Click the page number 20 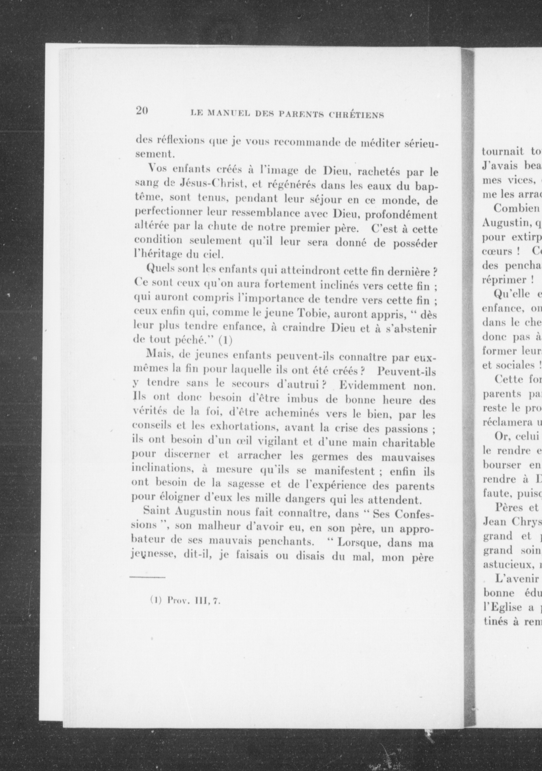pos(142,111)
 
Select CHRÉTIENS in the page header pos(356,115)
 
